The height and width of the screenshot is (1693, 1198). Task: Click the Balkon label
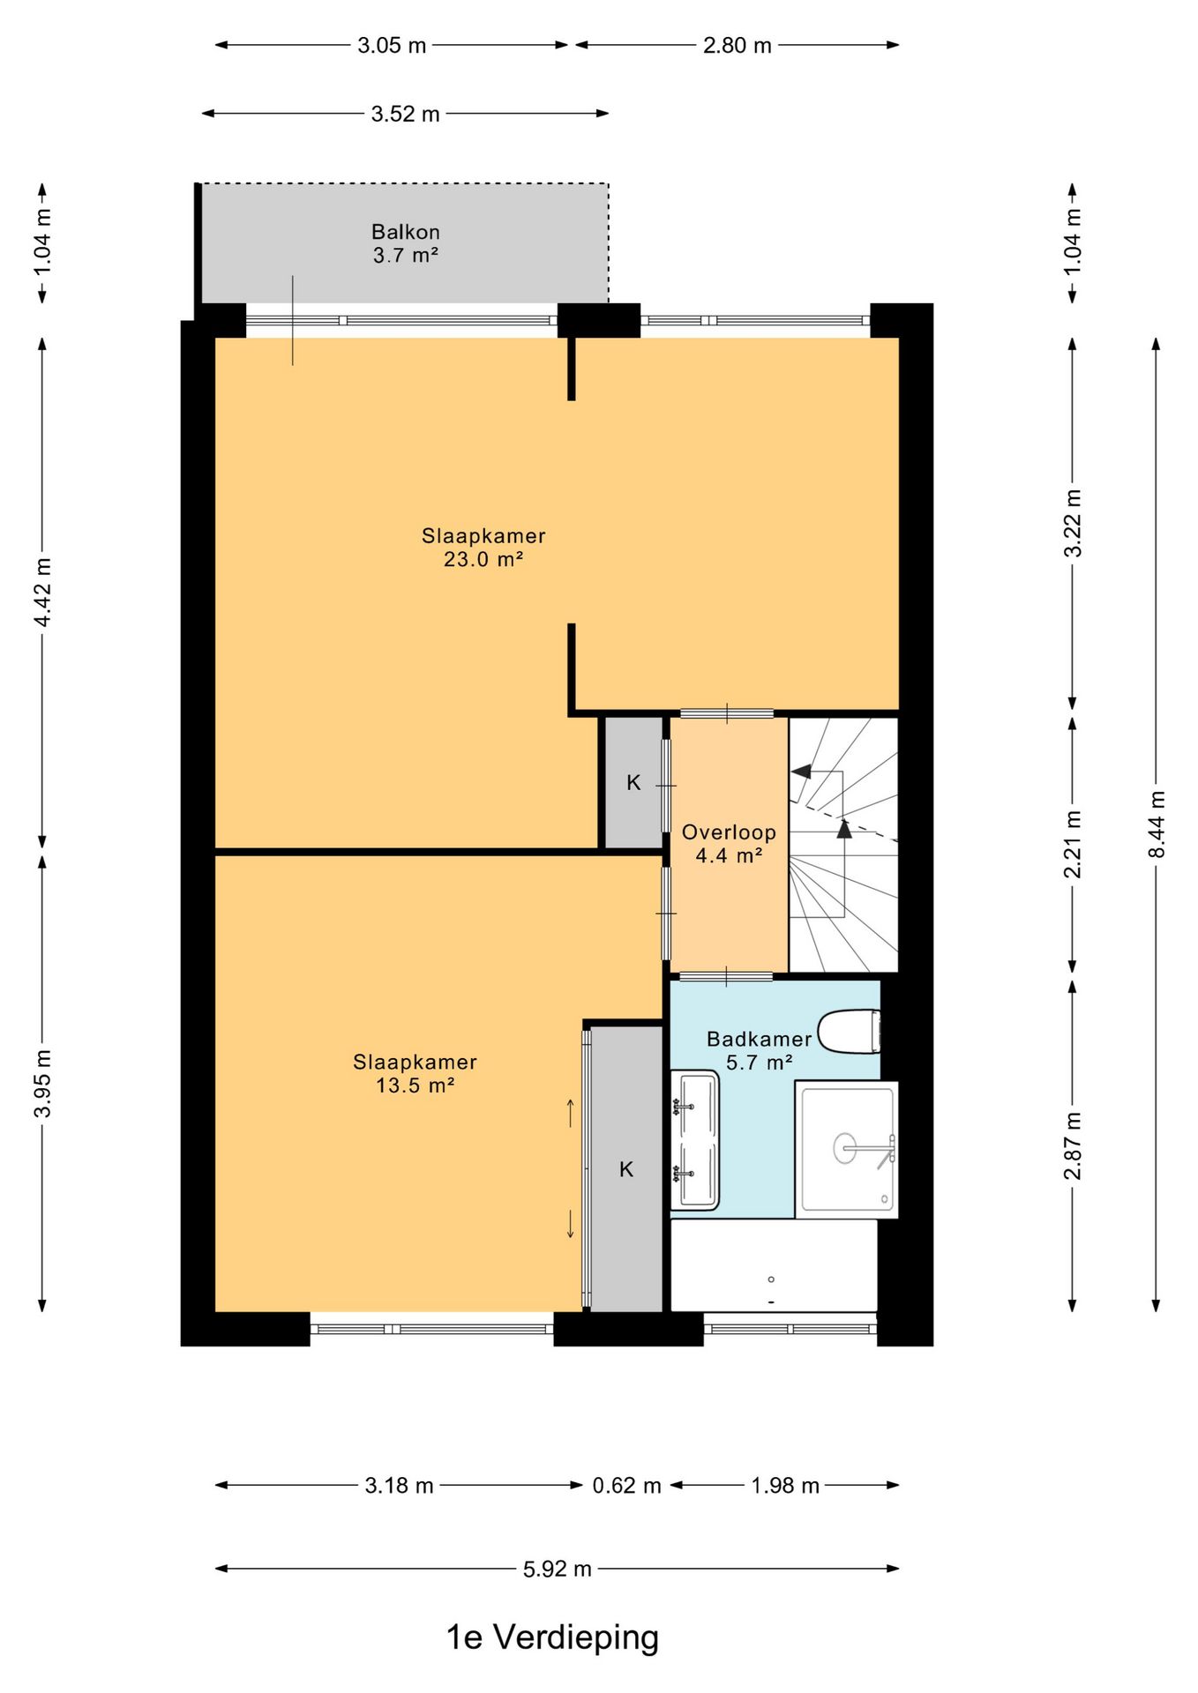click(x=406, y=232)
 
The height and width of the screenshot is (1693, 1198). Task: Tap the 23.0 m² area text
click(x=483, y=559)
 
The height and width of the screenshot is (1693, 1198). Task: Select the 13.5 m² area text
click(x=415, y=1085)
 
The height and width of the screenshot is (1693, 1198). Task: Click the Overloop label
click(x=729, y=832)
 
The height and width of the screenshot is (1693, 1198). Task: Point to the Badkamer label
click(x=759, y=1039)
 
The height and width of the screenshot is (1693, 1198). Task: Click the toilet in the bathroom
click(x=850, y=1032)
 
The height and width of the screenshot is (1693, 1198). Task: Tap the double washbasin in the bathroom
click(x=695, y=1140)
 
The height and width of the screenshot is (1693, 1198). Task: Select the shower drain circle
click(x=845, y=1148)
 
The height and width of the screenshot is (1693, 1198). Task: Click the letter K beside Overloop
click(x=633, y=782)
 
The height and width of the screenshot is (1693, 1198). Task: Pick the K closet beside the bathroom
click(x=626, y=1169)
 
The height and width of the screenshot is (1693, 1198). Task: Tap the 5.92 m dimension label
click(x=558, y=1569)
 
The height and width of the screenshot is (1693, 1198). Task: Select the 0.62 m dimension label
click(x=626, y=1486)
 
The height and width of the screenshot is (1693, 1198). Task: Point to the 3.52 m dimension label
click(x=405, y=114)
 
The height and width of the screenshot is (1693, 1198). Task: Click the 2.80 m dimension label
click(x=737, y=45)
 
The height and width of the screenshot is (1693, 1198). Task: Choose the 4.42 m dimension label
click(x=42, y=592)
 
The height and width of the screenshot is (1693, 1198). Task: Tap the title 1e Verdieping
click(x=552, y=1637)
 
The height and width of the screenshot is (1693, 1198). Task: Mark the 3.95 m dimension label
click(x=42, y=1084)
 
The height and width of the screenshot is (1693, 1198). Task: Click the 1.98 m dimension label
click(x=785, y=1486)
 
